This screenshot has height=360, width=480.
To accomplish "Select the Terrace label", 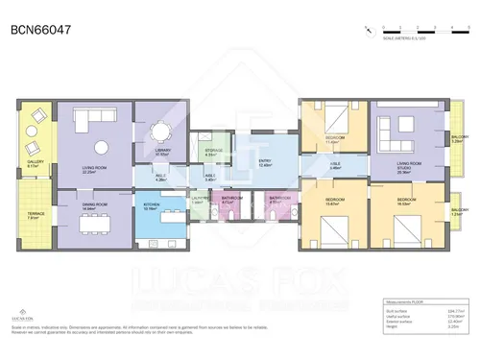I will [x=34, y=215].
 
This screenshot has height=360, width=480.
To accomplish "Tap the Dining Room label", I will [x=94, y=205].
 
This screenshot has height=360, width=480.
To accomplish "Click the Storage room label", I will [x=214, y=151].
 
